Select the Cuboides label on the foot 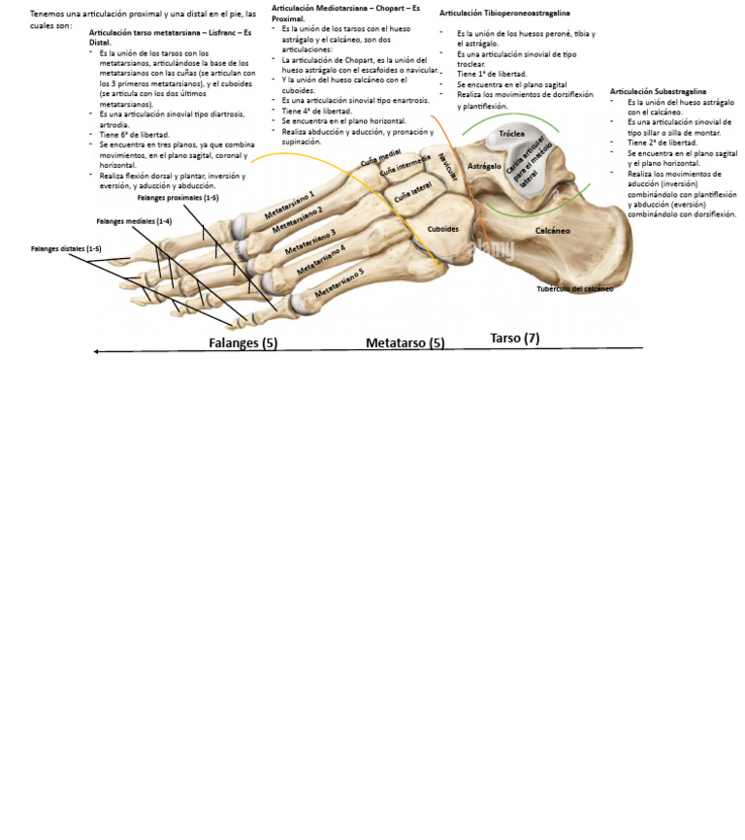pyautogui.click(x=442, y=229)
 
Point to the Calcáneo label pyautogui.click(x=553, y=231)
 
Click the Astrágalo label pyautogui.click(x=484, y=166)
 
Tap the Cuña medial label pyautogui.click(x=380, y=158)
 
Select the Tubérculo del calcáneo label pyautogui.click(x=575, y=288)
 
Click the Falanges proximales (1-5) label pyautogui.click(x=178, y=197)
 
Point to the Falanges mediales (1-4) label pyautogui.click(x=134, y=221)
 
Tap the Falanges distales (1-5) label pyautogui.click(x=66, y=248)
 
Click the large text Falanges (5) pyautogui.click(x=243, y=342)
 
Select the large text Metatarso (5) pyautogui.click(x=405, y=342)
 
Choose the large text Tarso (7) pyautogui.click(x=514, y=338)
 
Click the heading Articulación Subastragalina pyautogui.click(x=658, y=91)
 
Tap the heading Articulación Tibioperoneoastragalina pyautogui.click(x=504, y=13)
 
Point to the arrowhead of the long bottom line pyautogui.click(x=95, y=351)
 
